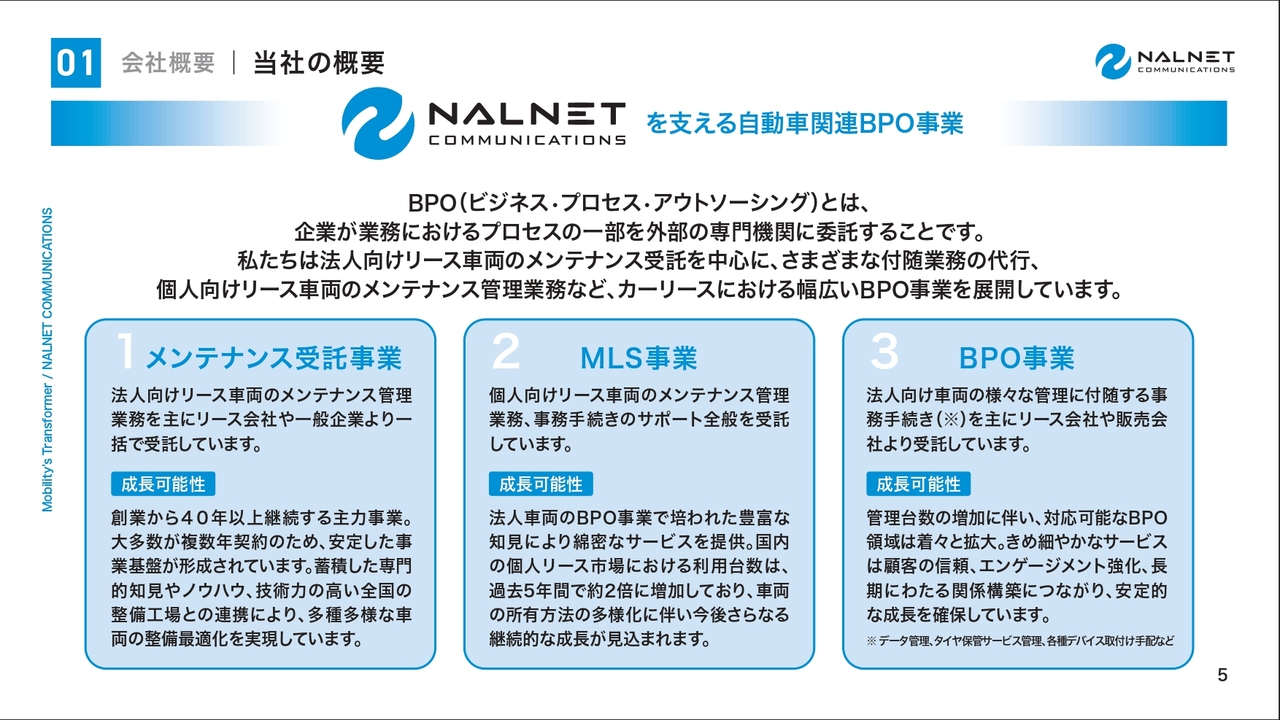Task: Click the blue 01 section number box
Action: (76, 63)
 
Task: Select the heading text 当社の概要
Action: (319, 63)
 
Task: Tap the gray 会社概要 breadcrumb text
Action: (168, 63)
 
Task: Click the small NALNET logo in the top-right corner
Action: (1165, 61)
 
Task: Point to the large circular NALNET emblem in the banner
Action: (378, 123)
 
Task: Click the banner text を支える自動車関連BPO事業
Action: (805, 123)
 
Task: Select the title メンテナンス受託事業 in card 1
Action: (274, 358)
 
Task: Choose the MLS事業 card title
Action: (639, 358)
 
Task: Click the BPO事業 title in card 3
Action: (1017, 358)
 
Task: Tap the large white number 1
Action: (126, 350)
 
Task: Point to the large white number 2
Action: (506, 350)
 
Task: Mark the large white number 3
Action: (885, 350)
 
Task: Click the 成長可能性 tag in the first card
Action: (163, 484)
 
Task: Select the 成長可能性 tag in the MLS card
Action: (541, 484)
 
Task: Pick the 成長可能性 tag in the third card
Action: (918, 484)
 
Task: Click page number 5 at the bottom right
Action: (1222, 675)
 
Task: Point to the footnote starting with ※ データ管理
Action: (1020, 641)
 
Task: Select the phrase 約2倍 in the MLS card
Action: (623, 590)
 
